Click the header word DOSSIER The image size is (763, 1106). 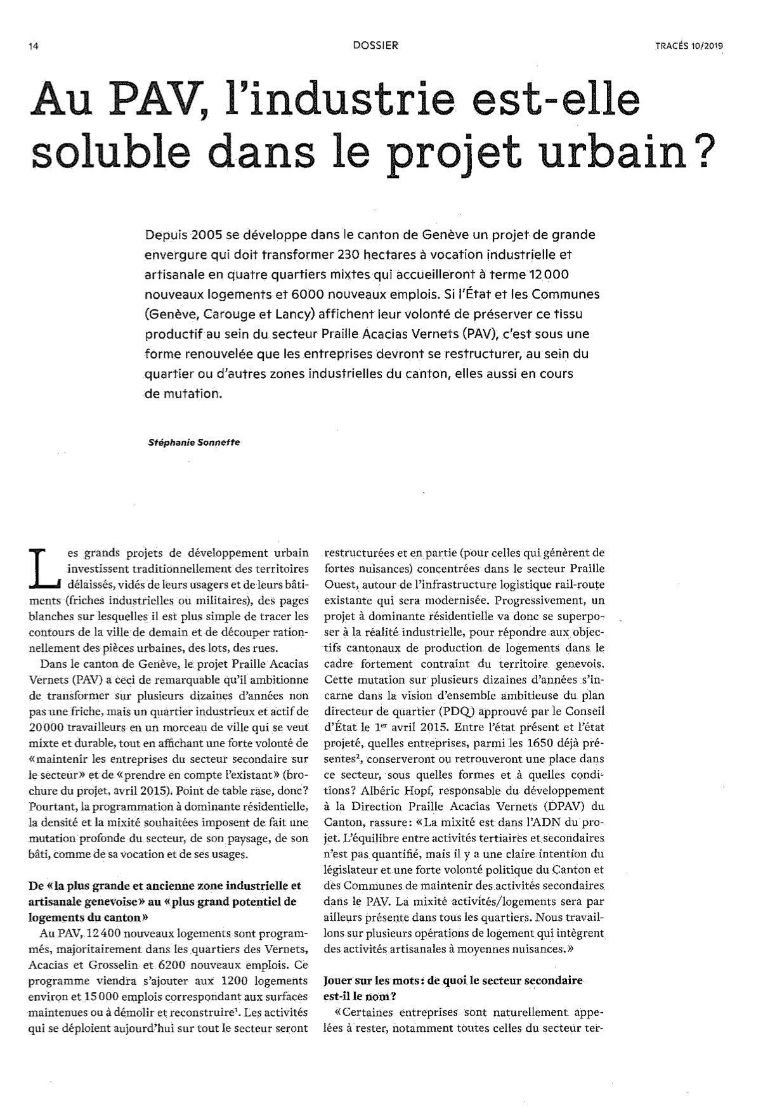[376, 46]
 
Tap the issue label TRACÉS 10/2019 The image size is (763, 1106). [689, 46]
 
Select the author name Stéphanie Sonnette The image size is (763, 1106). [194, 443]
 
